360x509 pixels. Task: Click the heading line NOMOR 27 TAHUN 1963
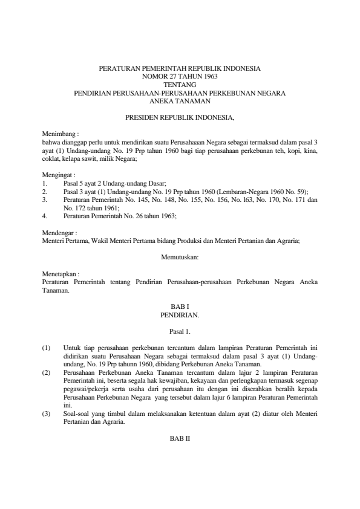point(180,77)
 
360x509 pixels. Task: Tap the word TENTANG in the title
point(180,85)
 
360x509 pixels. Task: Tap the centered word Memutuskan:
point(180,257)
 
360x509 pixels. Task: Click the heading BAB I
point(180,307)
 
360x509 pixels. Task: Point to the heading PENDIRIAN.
point(180,315)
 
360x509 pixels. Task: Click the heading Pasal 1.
point(180,331)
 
